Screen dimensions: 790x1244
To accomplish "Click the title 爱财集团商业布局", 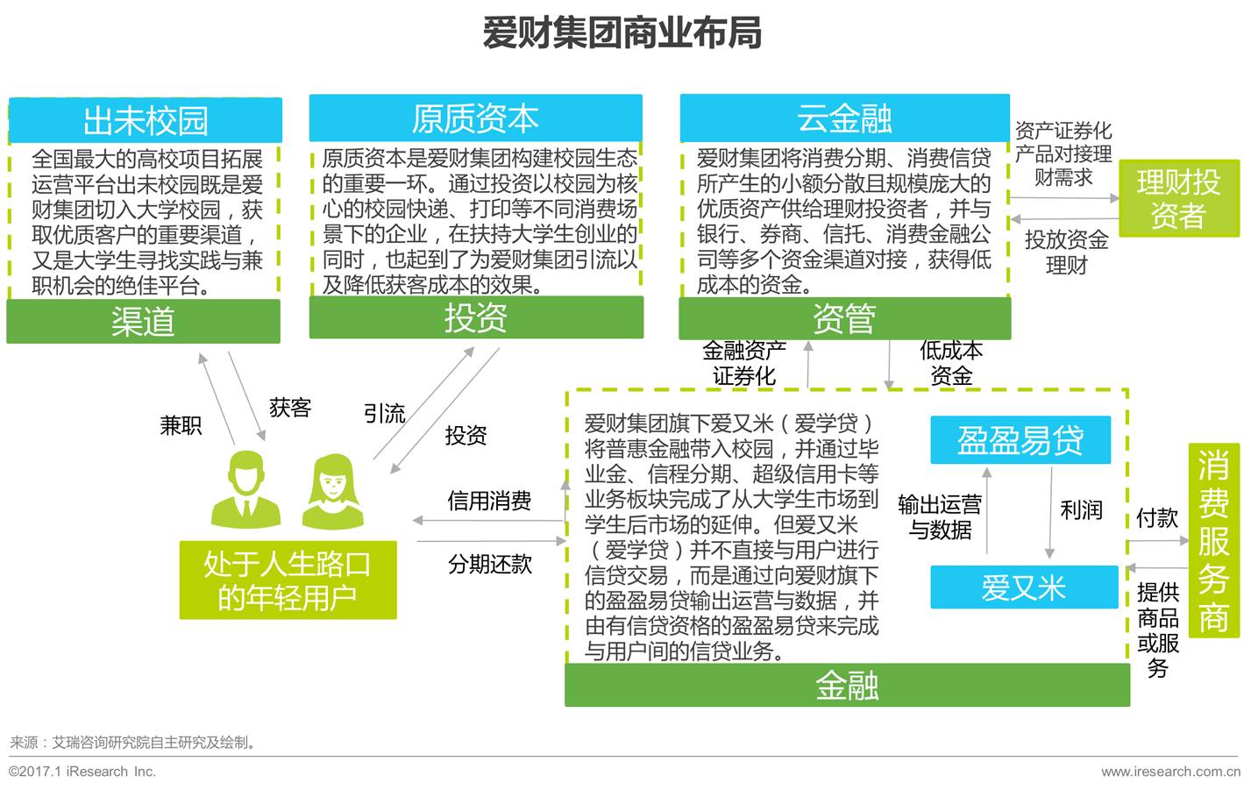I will (621, 33).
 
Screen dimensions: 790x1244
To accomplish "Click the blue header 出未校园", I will (146, 121).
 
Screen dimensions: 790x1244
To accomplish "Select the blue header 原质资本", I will (475, 118).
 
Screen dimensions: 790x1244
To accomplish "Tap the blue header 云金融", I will (844, 118).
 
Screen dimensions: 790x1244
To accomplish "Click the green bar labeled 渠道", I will (143, 322).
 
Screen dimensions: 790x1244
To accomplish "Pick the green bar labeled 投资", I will (475, 317).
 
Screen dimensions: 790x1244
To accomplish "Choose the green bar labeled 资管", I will (844, 318).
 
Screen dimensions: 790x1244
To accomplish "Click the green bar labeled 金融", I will (846, 686).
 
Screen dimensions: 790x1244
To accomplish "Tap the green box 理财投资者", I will (1178, 198).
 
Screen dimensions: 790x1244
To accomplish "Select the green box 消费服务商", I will (1213, 542).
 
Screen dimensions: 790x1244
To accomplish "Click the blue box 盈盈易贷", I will (1020, 440).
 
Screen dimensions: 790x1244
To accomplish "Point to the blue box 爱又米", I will (1023, 587).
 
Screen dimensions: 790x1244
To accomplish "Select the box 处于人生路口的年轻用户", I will (288, 580).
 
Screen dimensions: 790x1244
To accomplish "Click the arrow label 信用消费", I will (489, 501).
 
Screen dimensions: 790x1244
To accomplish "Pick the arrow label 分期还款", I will (489, 564).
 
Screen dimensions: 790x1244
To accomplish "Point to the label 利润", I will (1081, 510).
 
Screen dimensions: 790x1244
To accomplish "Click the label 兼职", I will (181, 426).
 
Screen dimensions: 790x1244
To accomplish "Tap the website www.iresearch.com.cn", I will (1169, 772).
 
